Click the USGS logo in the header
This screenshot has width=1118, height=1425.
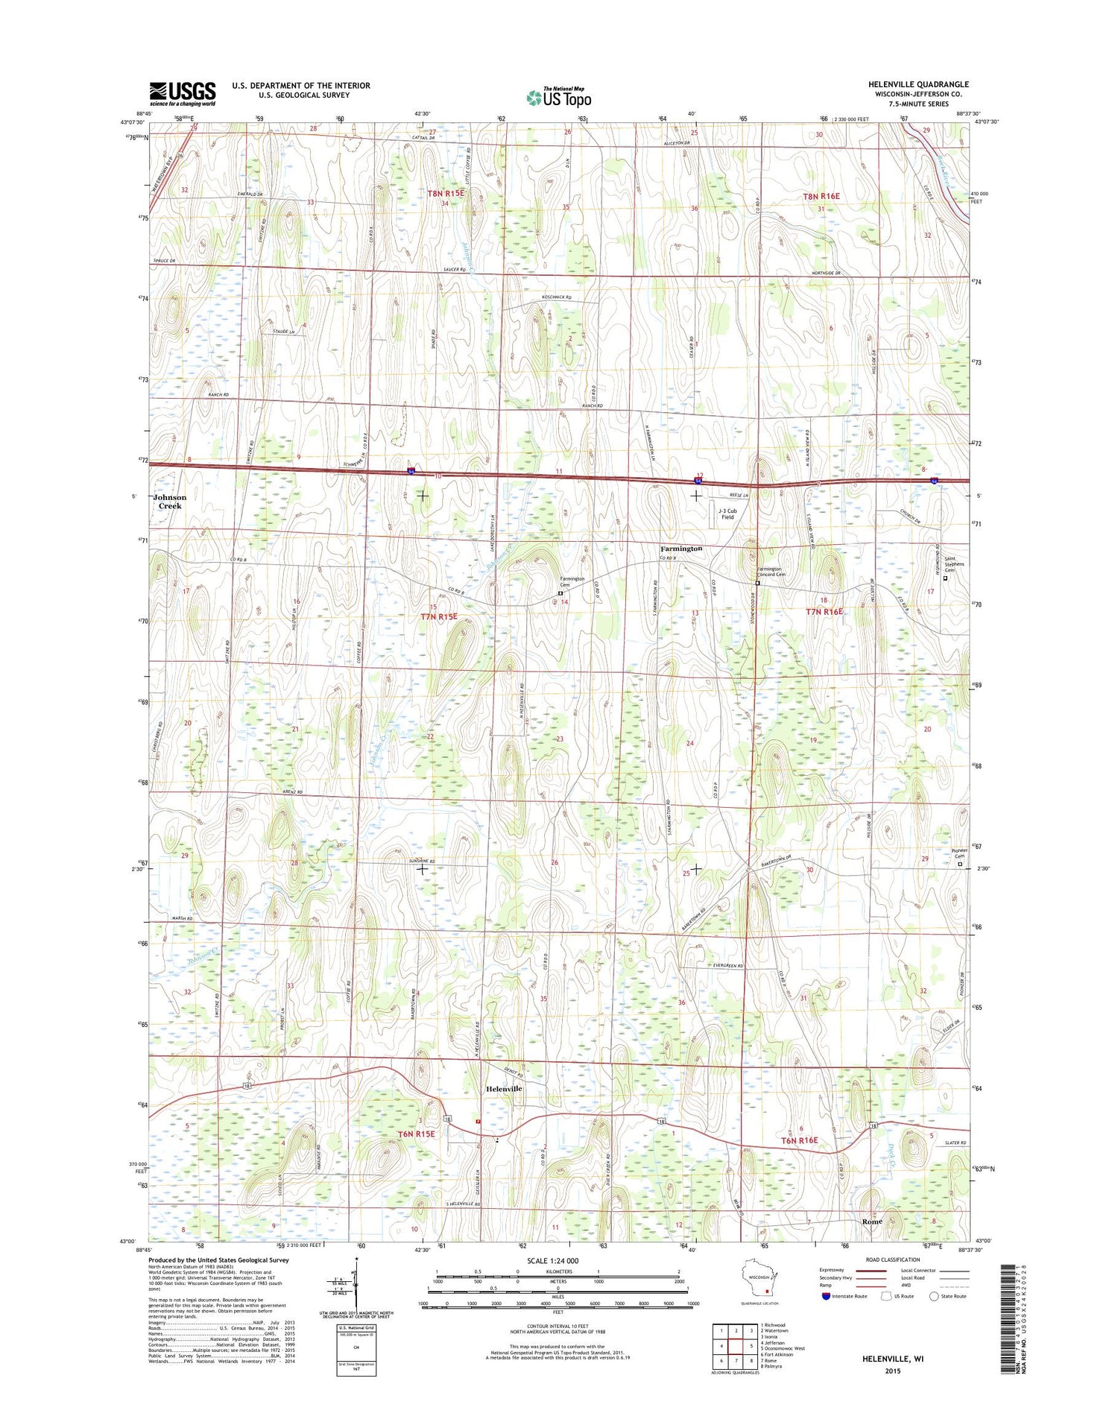coord(183,93)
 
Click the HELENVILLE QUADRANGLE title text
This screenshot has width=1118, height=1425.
coord(918,84)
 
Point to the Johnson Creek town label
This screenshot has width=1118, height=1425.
coord(170,502)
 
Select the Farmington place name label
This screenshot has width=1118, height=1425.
coord(680,549)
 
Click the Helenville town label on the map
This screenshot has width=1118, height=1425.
coord(504,1089)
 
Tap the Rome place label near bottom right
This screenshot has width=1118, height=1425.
coord(871,1222)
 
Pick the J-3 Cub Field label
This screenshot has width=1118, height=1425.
coord(727,514)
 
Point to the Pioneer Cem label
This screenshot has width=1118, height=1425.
coord(960,853)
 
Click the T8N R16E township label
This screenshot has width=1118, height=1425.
coord(821,196)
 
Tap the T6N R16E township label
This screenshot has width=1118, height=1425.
coord(799,1140)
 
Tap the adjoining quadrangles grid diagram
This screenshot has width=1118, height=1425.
coord(734,1347)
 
